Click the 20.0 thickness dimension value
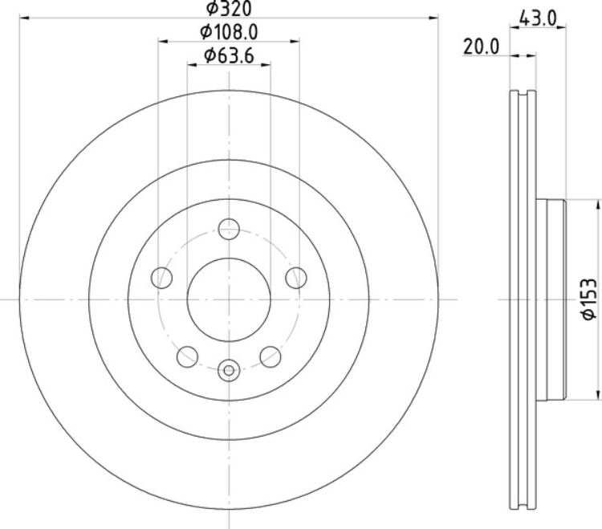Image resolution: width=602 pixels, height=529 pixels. (x=482, y=47)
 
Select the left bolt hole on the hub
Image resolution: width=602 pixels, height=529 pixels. (x=161, y=277)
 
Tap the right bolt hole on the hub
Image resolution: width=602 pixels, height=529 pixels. (x=296, y=277)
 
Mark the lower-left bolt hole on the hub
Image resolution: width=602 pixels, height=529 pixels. (x=187, y=355)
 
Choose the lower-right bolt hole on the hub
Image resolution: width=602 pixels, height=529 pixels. (x=270, y=355)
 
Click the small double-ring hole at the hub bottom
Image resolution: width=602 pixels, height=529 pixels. (x=229, y=370)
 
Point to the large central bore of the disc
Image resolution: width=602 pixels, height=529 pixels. (x=229, y=299)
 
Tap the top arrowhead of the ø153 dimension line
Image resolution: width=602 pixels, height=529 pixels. (x=596, y=204)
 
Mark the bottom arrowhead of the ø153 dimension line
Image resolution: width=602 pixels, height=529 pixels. (x=596, y=393)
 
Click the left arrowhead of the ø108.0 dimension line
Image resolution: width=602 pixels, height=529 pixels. (x=163, y=41)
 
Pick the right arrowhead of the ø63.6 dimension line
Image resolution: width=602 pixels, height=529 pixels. (x=266, y=64)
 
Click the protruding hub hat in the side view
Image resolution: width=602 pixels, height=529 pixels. (x=554, y=299)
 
